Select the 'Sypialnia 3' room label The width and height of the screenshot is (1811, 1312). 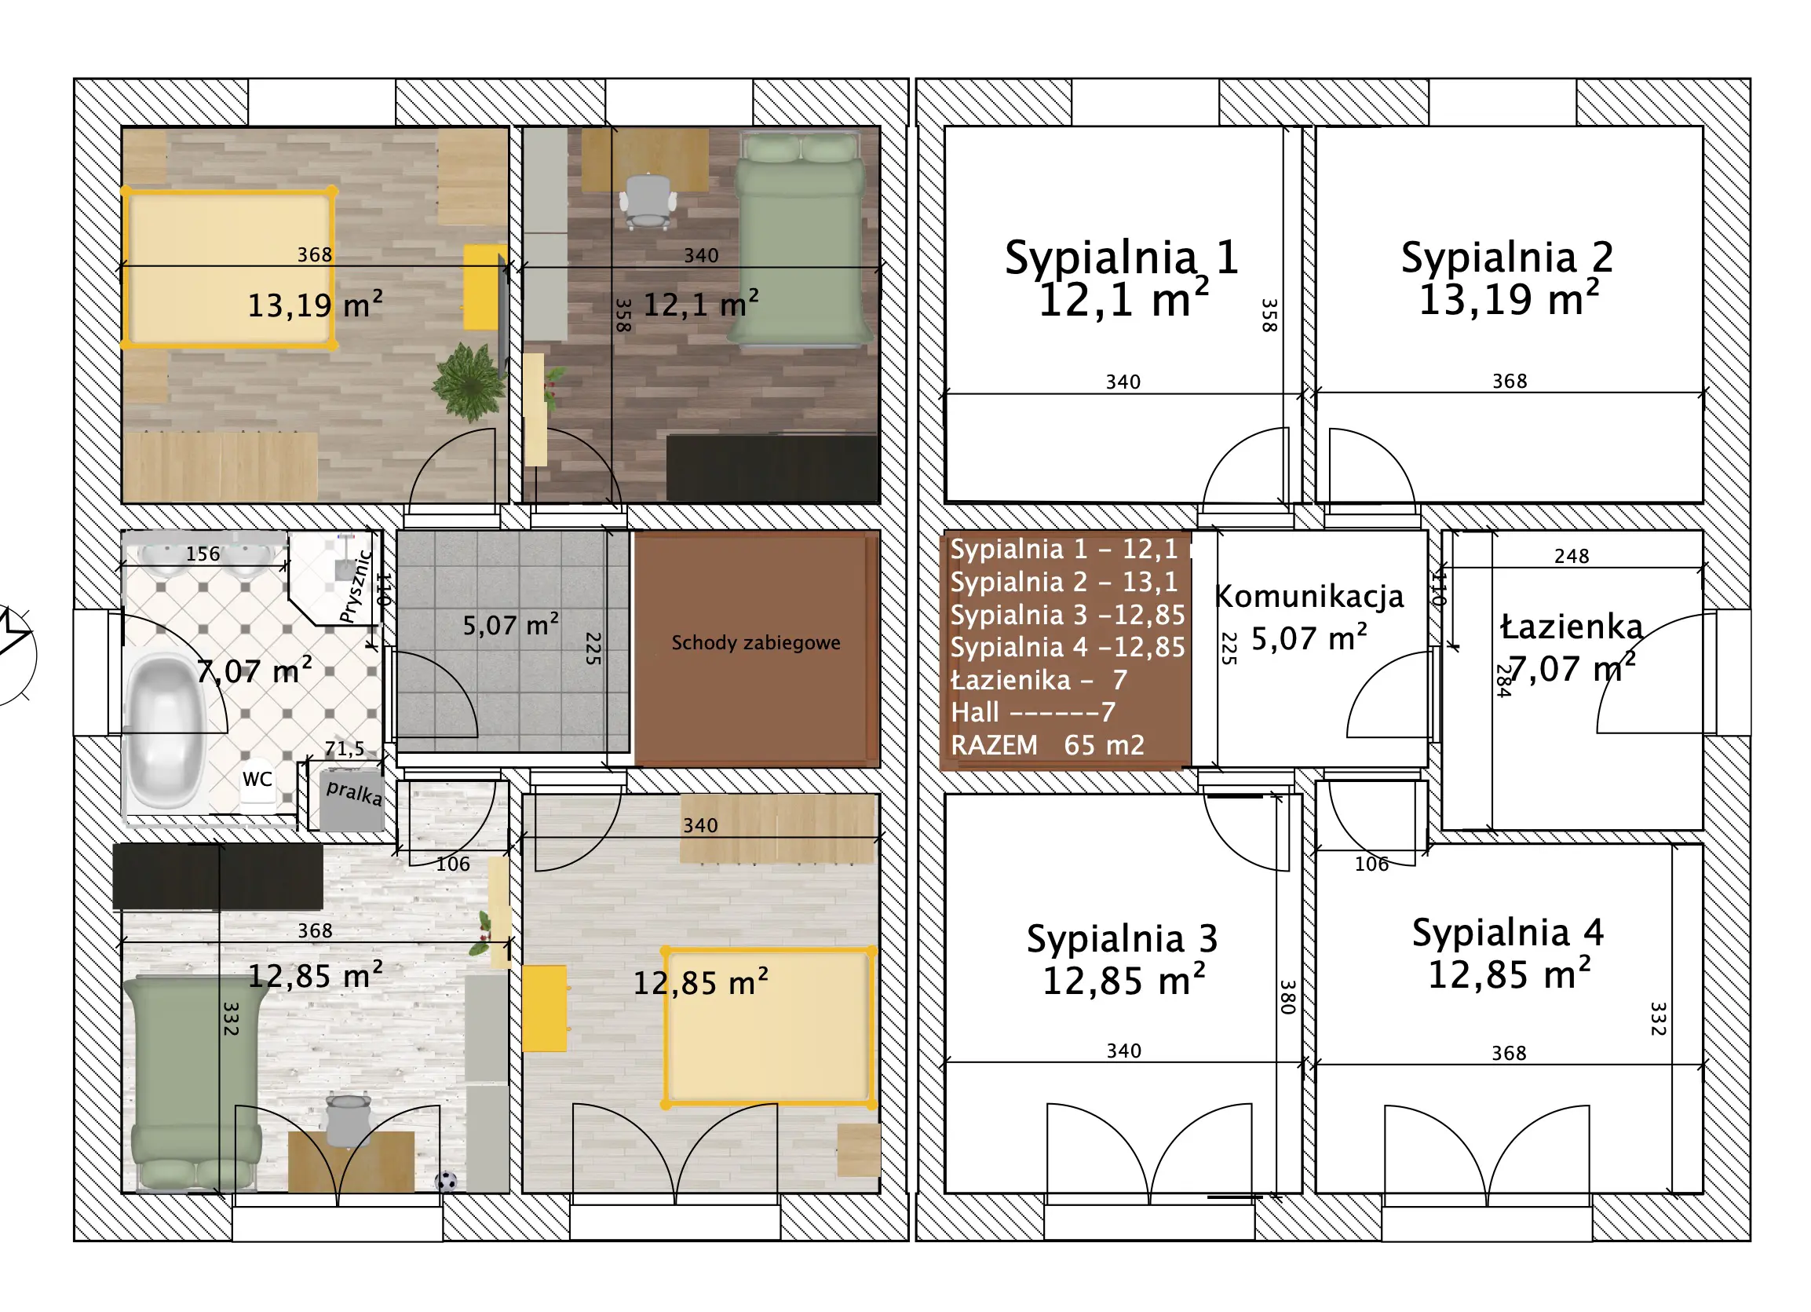click(x=1122, y=939)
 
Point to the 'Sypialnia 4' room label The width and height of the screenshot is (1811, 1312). click(x=1507, y=933)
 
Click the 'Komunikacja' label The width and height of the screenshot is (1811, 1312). click(x=1309, y=597)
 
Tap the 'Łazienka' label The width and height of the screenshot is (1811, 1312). click(x=1571, y=626)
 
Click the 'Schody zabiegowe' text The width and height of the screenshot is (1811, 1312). click(x=755, y=643)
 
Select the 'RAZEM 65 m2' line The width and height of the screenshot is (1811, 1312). click(x=1048, y=745)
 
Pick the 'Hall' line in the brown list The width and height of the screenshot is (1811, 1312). click(x=1032, y=712)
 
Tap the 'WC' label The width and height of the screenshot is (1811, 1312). click(x=257, y=780)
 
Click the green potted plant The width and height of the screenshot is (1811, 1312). click(x=469, y=382)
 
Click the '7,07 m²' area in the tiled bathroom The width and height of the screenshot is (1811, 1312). click(x=254, y=671)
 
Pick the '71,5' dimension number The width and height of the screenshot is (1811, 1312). click(x=344, y=749)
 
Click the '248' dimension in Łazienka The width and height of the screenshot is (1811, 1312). click(x=1572, y=557)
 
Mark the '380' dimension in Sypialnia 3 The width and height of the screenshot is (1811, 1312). click(x=1287, y=997)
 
